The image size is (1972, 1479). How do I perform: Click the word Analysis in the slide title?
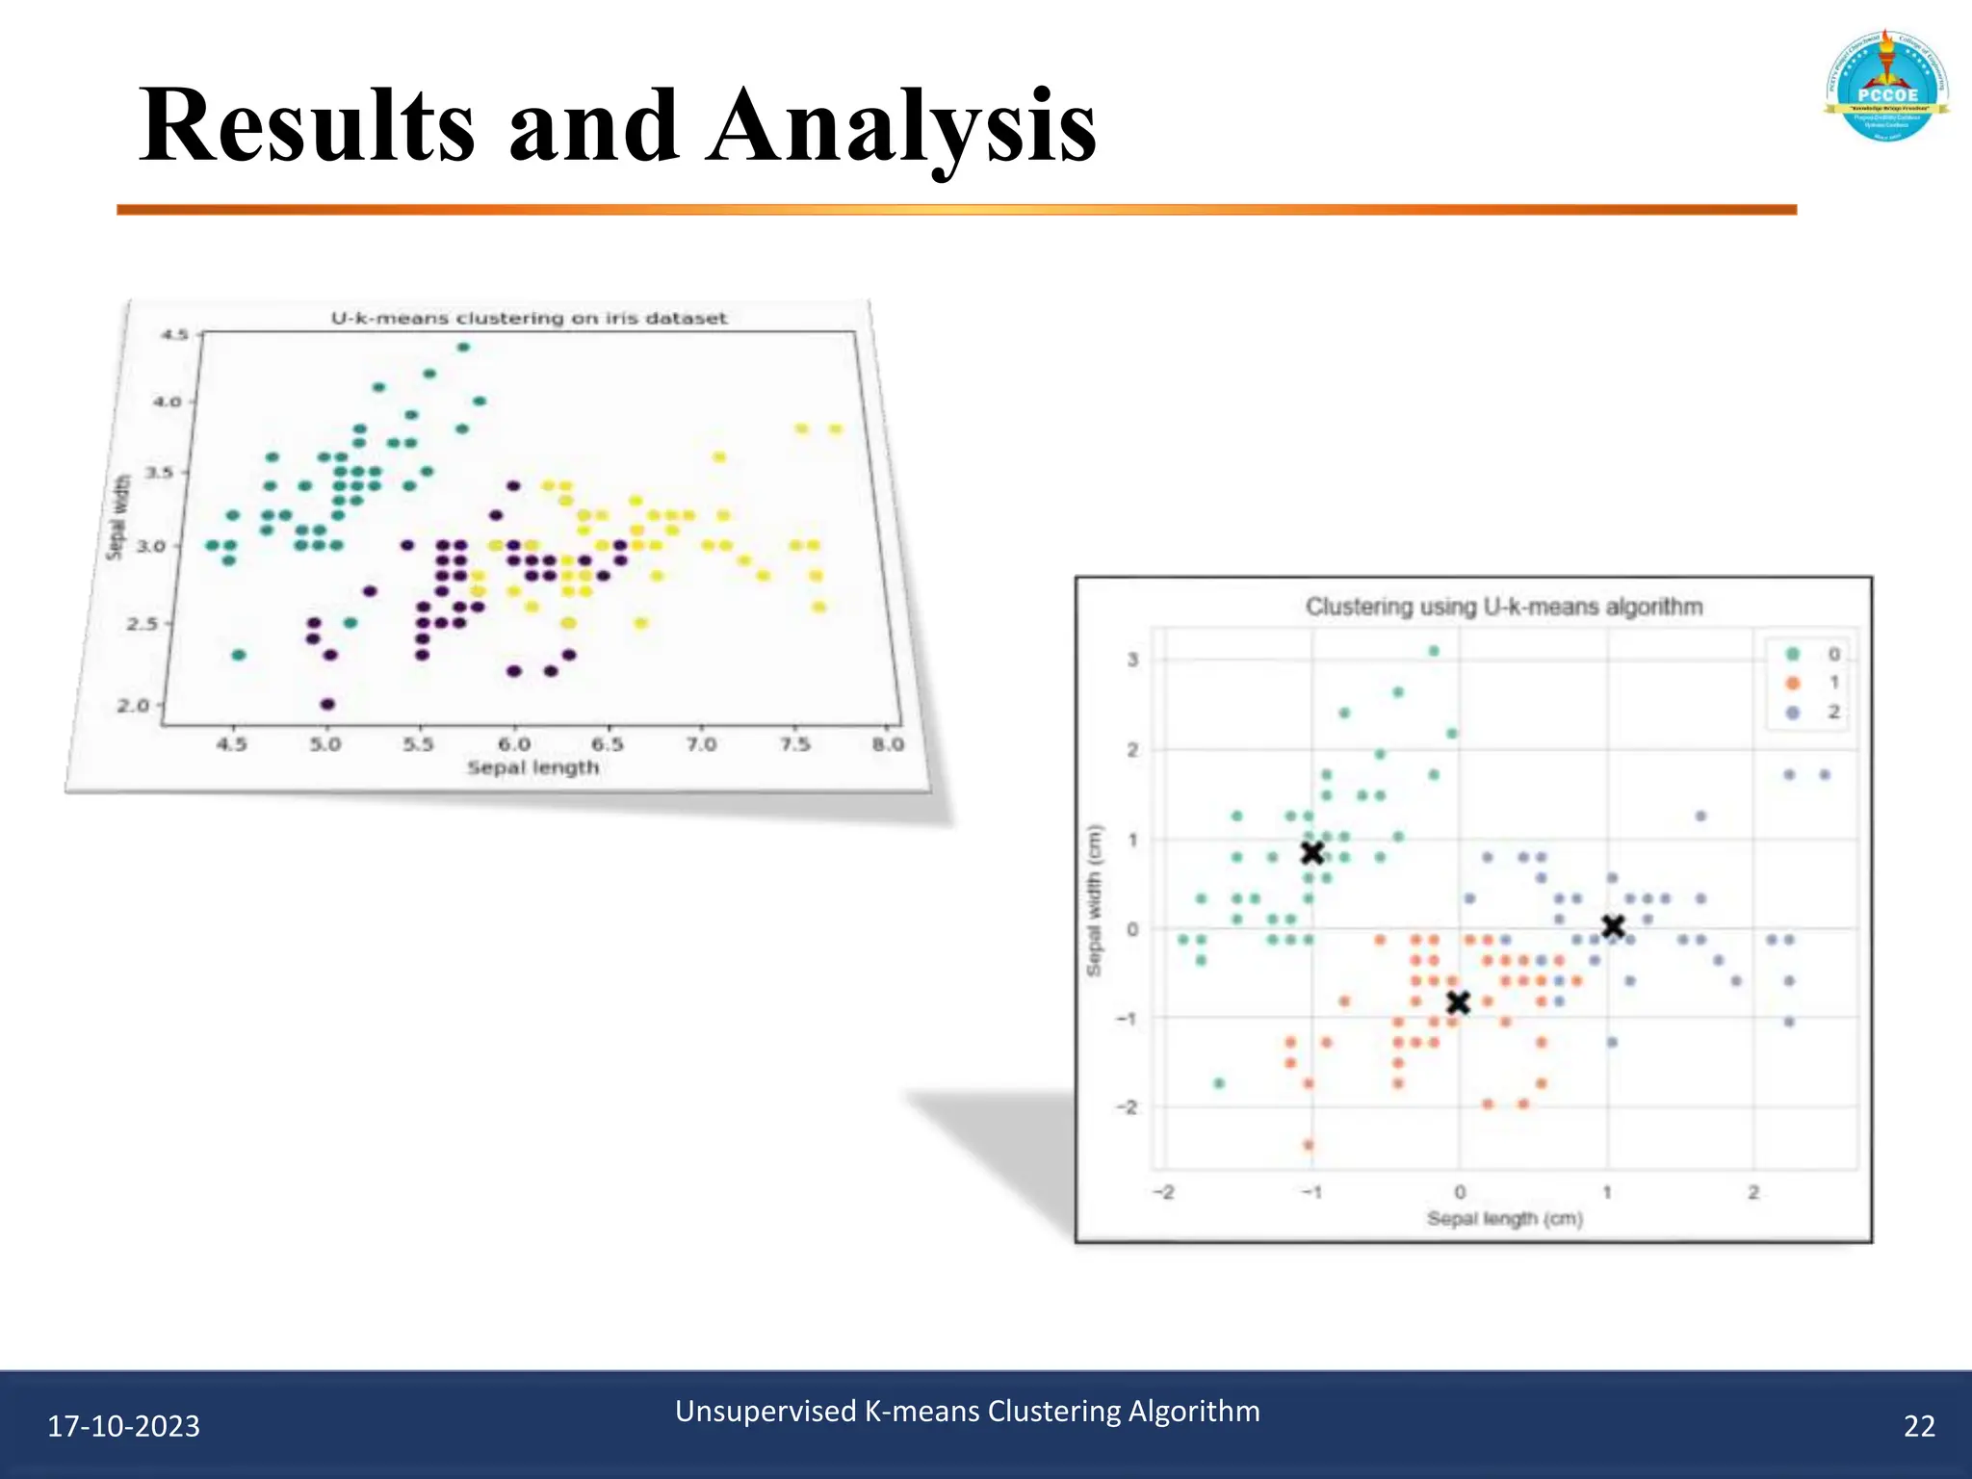tap(901, 126)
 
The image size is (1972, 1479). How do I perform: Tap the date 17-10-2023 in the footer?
tap(123, 1426)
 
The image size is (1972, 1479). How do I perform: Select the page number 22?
tap(1918, 1426)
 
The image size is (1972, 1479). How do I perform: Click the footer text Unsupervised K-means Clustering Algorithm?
tap(967, 1411)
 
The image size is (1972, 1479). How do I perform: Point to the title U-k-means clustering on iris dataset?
tap(529, 319)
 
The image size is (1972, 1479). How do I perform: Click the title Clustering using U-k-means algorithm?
tap(1503, 607)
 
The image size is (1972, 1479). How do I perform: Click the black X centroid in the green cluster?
tap(1311, 852)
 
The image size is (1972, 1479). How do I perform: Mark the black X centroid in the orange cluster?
tap(1458, 1003)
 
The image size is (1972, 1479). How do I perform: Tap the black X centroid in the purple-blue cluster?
tap(1614, 926)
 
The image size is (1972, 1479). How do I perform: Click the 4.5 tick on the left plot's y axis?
tap(174, 335)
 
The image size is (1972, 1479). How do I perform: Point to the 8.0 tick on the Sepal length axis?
tap(888, 744)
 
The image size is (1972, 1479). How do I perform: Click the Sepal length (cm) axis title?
tap(1504, 1219)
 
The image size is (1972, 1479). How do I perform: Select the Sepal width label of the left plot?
tap(117, 517)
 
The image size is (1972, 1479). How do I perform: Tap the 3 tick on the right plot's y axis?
tap(1133, 660)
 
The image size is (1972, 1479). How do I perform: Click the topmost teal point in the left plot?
tap(463, 348)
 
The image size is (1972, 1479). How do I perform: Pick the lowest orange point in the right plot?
tap(1309, 1145)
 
